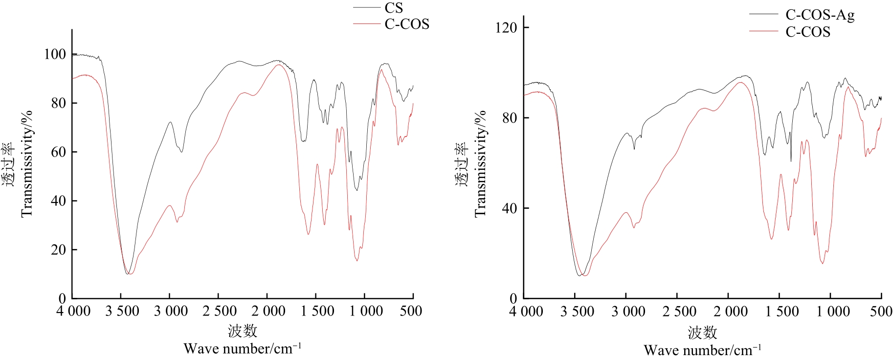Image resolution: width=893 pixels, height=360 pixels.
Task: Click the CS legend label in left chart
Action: (x=394, y=8)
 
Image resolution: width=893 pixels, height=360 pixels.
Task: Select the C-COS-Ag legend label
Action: (x=820, y=15)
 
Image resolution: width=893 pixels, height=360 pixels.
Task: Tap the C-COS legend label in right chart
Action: (x=808, y=32)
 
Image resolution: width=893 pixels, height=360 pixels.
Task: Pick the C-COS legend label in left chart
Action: (x=407, y=24)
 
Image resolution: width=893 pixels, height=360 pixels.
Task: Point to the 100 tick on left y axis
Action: (x=55, y=54)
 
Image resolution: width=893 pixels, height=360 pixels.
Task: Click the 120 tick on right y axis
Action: (x=506, y=27)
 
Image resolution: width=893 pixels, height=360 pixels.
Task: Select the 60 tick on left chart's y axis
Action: (x=58, y=152)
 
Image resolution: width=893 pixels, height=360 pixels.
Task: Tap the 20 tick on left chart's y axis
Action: (x=58, y=250)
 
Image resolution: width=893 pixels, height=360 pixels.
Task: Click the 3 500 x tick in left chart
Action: (x=122, y=311)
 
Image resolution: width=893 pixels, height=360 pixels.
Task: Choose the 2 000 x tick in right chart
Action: (x=731, y=312)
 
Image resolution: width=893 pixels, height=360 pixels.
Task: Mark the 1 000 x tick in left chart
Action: (x=366, y=311)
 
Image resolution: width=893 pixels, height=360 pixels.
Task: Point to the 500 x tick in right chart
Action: (x=881, y=312)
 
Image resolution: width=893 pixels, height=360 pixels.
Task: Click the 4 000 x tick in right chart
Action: (x=526, y=312)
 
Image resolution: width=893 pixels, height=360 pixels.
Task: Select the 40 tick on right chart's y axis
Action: (x=509, y=208)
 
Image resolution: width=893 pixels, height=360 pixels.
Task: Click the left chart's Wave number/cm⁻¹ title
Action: (x=243, y=349)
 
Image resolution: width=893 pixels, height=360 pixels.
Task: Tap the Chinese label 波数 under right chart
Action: (x=702, y=333)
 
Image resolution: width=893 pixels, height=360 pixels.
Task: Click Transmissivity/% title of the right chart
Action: (x=480, y=163)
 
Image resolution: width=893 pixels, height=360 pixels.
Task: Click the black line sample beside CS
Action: (x=366, y=8)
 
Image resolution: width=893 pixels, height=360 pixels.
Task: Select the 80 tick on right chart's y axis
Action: (x=509, y=118)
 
